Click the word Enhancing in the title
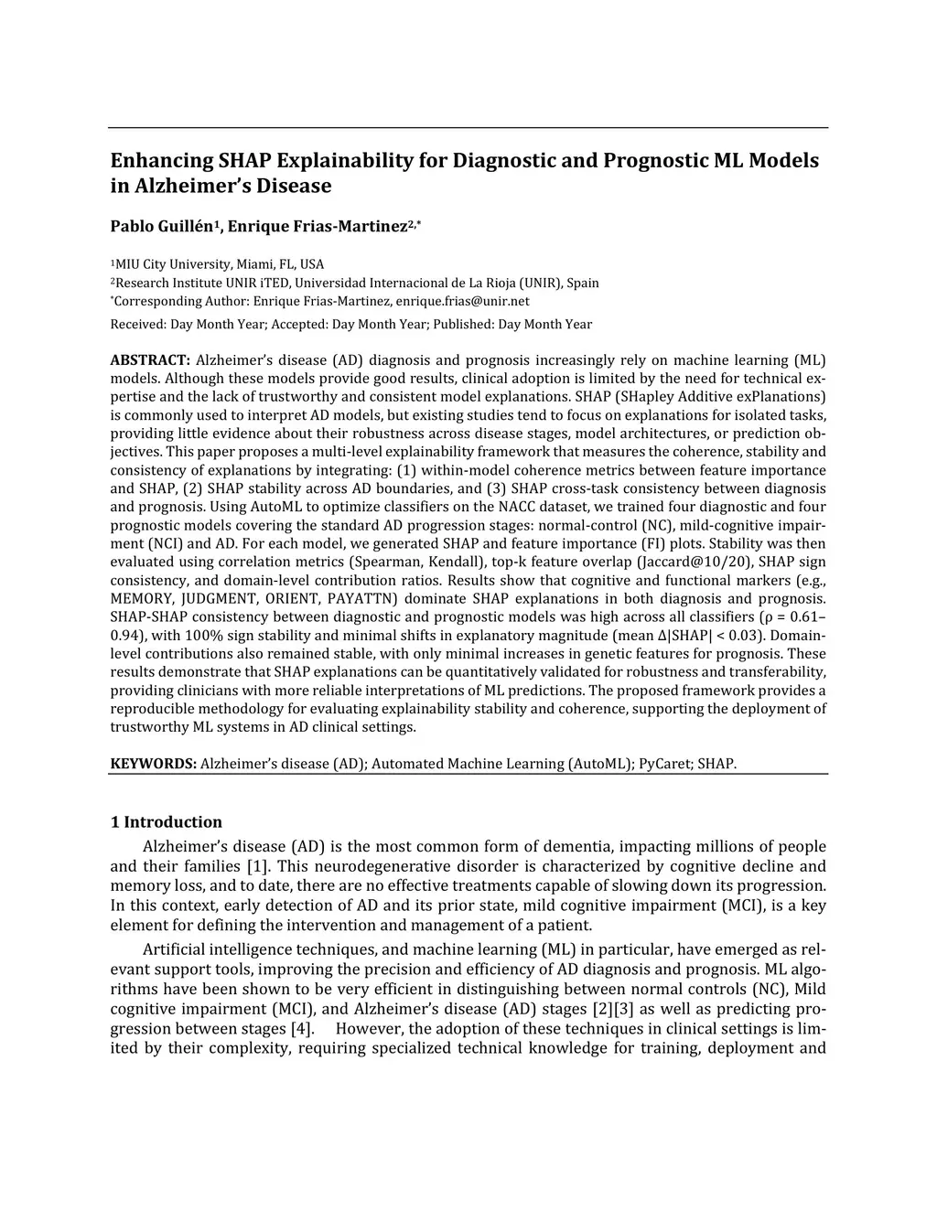pos(161,161)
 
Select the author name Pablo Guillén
pos(162,226)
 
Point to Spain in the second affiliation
pos(583,283)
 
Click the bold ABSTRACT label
pos(150,360)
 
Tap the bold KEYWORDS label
pos(153,763)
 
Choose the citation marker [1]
pos(256,866)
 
